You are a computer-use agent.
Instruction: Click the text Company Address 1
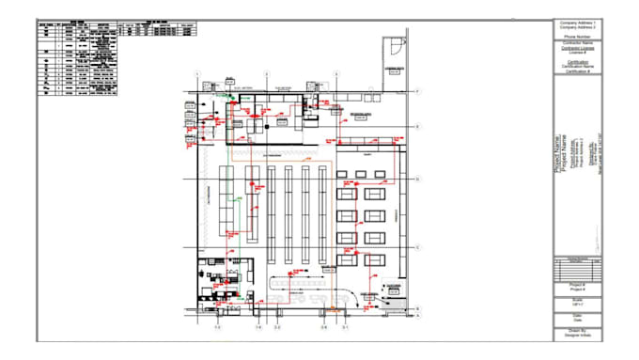pyautogui.click(x=579, y=22)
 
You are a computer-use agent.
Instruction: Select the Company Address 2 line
pyautogui.click(x=579, y=26)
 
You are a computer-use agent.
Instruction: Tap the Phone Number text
pyautogui.click(x=579, y=37)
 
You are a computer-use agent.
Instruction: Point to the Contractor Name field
pyautogui.click(x=579, y=42)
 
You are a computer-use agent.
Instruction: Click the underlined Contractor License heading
pyautogui.click(x=579, y=47)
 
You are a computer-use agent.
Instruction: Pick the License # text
pyautogui.click(x=579, y=52)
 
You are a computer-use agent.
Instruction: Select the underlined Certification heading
pyautogui.click(x=579, y=61)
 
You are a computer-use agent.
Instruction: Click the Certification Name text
pyautogui.click(x=579, y=66)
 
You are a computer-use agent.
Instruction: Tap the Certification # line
pyautogui.click(x=579, y=70)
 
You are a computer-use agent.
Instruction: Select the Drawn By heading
pyautogui.click(x=579, y=330)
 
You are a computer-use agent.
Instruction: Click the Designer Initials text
pyautogui.click(x=579, y=336)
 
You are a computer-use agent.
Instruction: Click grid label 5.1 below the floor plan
pyautogui.click(x=345, y=328)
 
